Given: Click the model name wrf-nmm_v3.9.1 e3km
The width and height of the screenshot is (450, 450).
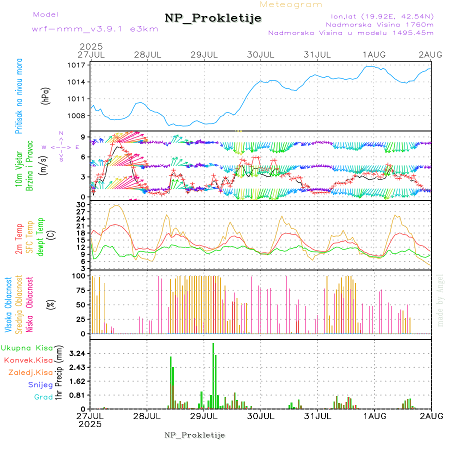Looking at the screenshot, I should point(95,29).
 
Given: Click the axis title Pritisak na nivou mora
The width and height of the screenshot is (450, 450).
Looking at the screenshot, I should point(19,97).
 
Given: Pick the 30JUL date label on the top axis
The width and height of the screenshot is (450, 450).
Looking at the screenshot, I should point(261,54).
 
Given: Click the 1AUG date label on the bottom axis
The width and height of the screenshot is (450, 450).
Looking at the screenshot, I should point(374,416).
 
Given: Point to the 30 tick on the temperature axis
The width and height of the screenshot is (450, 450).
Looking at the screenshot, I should point(80,204).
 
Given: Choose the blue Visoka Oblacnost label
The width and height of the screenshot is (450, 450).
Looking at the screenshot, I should point(8,305).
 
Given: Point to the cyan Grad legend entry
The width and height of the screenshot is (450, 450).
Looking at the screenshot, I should point(43,397).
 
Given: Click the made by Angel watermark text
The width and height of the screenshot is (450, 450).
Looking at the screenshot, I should point(440,300).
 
